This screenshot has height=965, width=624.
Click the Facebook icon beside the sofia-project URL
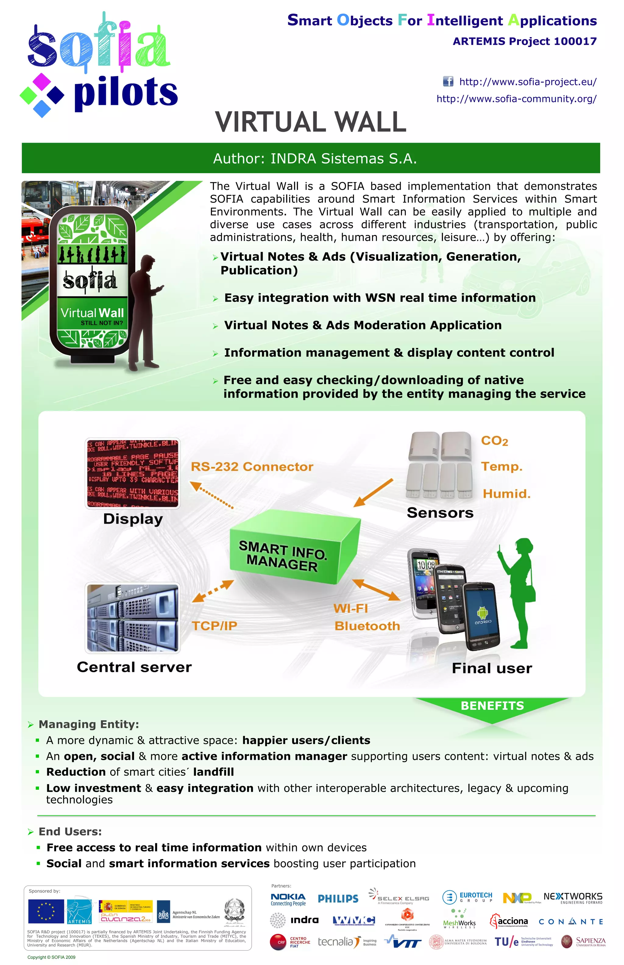[448, 81]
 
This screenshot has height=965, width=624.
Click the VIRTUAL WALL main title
[311, 122]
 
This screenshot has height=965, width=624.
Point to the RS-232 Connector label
[252, 467]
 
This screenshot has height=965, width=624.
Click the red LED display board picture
[133, 473]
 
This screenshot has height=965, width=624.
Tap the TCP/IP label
[214, 626]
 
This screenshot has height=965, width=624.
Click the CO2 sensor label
[494, 441]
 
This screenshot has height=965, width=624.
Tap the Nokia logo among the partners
[288, 899]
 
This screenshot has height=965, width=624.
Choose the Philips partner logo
[338, 899]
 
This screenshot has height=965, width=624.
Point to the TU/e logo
[506, 942]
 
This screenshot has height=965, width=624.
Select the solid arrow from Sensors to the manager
[373, 493]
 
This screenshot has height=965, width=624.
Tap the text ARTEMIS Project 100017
[524, 41]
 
